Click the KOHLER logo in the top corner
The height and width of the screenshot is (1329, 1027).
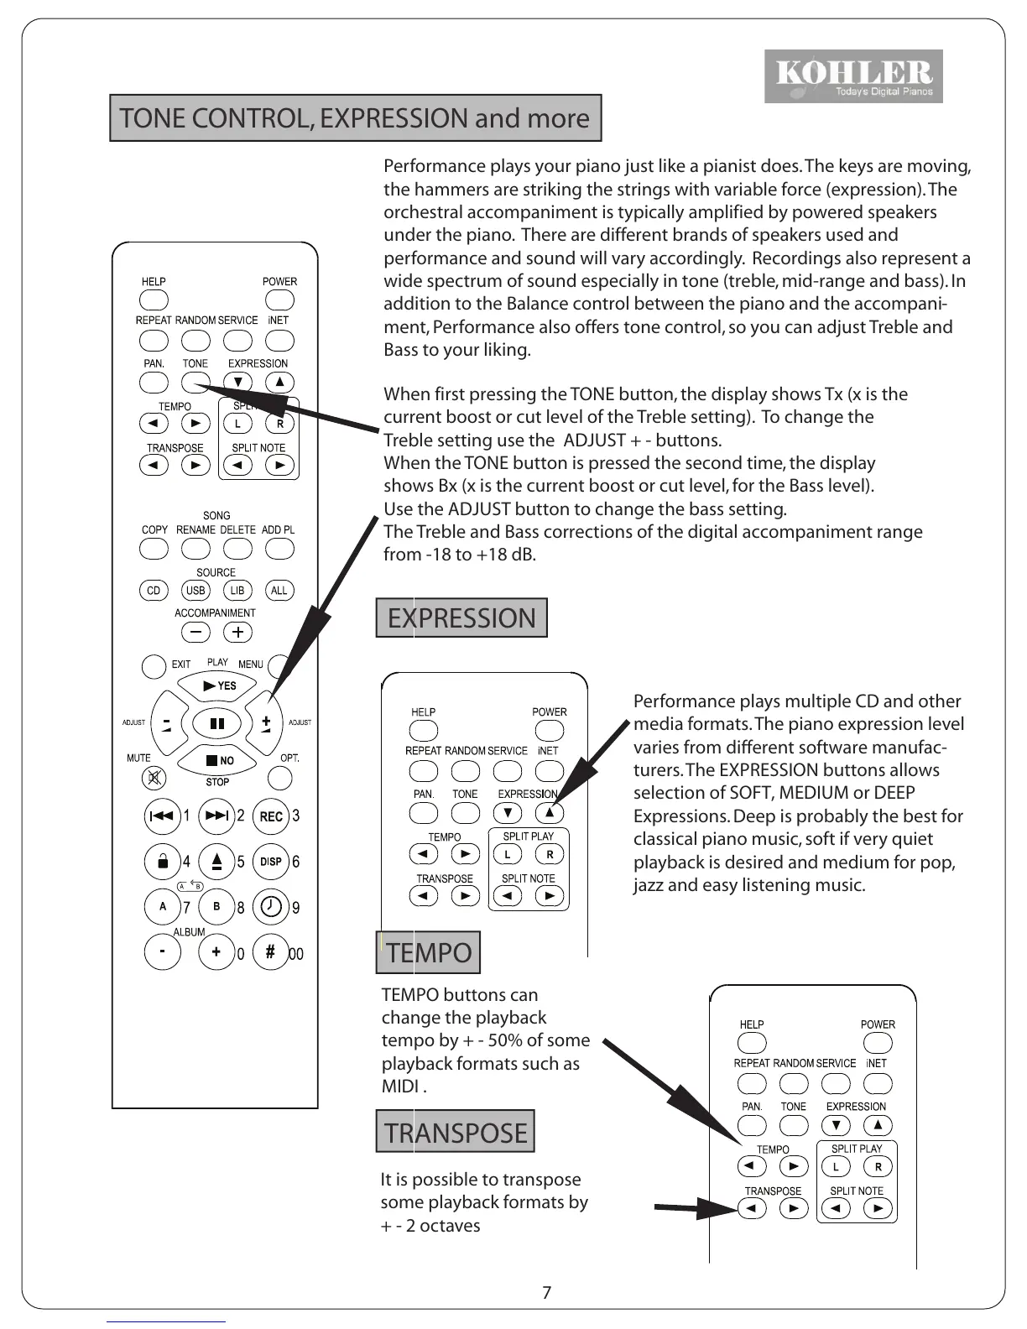[x=853, y=76]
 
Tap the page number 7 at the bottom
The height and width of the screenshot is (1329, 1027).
[x=547, y=1293]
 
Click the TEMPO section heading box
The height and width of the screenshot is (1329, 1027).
[x=428, y=953]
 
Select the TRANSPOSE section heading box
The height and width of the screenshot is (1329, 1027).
[x=455, y=1133]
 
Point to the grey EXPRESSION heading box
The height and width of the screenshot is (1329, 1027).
[x=461, y=618]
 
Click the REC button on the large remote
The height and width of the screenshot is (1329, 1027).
[x=271, y=816]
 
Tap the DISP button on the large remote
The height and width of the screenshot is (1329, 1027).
[x=271, y=862]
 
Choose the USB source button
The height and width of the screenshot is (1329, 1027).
[x=195, y=591]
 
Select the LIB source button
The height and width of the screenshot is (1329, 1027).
[x=237, y=591]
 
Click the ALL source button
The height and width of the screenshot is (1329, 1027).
[x=279, y=591]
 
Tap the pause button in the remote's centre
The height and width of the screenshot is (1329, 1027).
[x=217, y=722]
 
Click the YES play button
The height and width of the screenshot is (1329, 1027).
[x=218, y=686]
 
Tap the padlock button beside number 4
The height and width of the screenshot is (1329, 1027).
[x=163, y=862]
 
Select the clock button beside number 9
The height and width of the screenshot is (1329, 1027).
[x=271, y=906]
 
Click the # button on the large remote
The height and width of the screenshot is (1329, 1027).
[x=270, y=952]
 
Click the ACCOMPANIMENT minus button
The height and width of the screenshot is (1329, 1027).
[x=195, y=633]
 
